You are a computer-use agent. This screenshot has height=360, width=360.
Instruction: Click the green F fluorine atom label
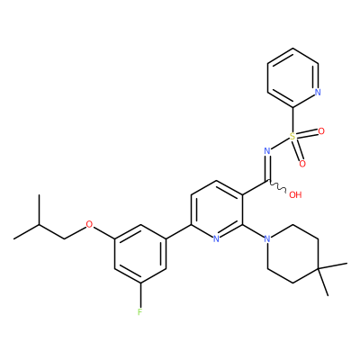click(x=139, y=312)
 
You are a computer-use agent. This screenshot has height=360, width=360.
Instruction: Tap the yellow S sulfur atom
click(x=292, y=137)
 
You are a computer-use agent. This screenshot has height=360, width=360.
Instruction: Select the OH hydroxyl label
click(x=295, y=195)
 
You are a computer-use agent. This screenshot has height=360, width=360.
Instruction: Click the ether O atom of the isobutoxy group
click(x=89, y=224)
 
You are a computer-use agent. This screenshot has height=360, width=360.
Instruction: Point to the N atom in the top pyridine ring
click(x=318, y=92)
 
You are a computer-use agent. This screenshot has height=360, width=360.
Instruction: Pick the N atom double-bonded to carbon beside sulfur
click(x=267, y=151)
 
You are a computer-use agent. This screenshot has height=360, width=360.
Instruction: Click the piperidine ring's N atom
click(x=267, y=239)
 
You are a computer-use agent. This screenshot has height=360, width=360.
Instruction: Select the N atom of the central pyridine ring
click(x=216, y=239)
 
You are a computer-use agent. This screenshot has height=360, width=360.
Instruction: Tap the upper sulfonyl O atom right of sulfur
click(x=321, y=131)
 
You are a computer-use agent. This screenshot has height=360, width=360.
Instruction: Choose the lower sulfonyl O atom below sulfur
click(x=302, y=164)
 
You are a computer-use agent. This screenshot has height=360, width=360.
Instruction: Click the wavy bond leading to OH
click(x=276, y=186)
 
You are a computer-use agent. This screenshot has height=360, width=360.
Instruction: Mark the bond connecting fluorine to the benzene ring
click(x=140, y=295)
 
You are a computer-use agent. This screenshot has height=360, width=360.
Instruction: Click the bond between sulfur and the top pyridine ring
click(x=292, y=120)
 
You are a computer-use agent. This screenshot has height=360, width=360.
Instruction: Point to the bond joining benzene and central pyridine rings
click(x=178, y=232)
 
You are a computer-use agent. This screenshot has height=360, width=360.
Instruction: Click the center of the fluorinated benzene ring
click(x=140, y=254)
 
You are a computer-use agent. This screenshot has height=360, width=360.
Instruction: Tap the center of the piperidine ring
click(x=292, y=254)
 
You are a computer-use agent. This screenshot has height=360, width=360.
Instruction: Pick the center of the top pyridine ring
click(x=292, y=77)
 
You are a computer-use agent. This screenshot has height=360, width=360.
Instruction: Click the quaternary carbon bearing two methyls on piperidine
click(x=319, y=268)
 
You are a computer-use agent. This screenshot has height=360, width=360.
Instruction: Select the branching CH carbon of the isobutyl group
click(x=39, y=224)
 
